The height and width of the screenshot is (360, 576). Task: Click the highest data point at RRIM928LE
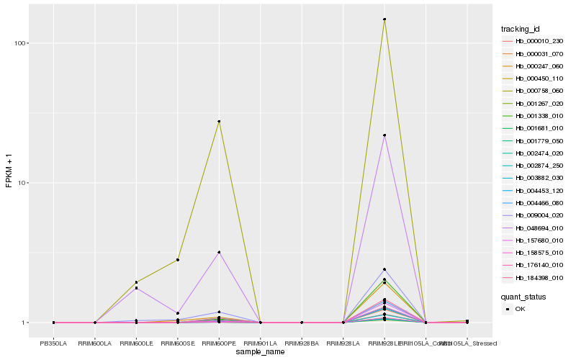(384, 19)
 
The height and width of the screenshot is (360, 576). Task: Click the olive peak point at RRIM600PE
(219, 122)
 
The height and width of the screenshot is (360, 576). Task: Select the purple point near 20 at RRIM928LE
(384, 135)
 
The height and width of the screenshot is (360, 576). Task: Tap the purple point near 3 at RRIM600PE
(219, 253)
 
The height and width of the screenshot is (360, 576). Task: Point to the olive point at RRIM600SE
(178, 259)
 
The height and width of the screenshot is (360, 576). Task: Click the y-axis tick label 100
(20, 43)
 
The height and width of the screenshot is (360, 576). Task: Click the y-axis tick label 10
(22, 183)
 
